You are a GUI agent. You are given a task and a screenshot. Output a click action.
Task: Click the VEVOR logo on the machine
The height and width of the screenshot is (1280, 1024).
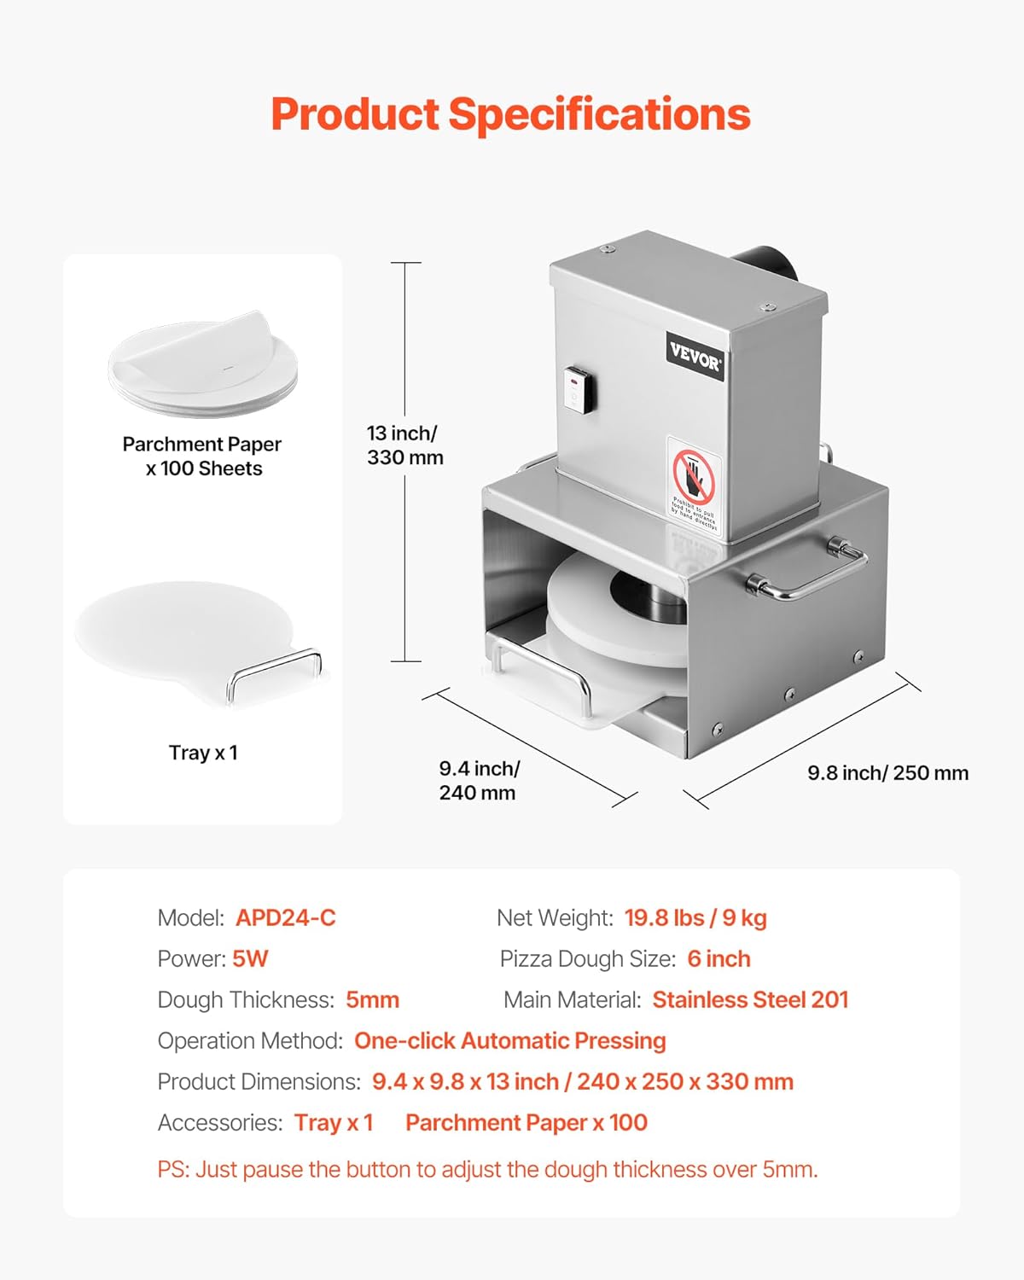695,357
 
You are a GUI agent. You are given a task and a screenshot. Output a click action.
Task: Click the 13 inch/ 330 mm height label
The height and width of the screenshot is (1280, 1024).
404,445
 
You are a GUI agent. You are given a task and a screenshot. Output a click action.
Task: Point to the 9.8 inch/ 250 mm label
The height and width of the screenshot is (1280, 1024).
887,773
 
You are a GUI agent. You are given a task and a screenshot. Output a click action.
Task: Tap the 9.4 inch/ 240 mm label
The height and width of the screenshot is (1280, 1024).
478,781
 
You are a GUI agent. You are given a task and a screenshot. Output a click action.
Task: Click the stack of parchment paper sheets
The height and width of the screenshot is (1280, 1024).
203,364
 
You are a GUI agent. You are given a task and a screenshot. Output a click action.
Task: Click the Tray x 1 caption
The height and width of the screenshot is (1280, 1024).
203,753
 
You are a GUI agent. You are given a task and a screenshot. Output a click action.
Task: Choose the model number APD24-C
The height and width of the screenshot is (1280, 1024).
286,918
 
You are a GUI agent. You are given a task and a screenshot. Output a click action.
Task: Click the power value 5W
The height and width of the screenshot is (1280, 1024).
250,959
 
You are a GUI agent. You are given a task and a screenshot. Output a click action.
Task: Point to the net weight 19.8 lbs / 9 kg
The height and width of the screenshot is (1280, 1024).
695,918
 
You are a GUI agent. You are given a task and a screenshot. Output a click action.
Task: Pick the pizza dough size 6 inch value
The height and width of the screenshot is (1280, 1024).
719,959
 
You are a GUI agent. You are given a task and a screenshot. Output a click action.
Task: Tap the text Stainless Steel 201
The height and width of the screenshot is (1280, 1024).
750,1000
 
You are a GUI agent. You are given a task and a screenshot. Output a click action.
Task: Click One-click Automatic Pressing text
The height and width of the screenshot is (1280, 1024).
509,1041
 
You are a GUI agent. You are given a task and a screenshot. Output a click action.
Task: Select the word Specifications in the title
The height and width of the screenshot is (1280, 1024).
599,114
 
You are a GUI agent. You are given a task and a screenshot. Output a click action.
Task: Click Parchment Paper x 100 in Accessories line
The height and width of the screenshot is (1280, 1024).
526,1123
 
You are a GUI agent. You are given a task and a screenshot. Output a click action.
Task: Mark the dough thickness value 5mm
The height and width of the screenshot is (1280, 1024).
372,1000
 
